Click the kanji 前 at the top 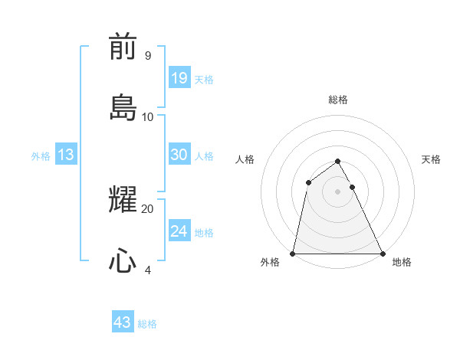(x=123, y=47)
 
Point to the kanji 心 (x=123, y=260)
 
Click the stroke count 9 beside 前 (x=147, y=56)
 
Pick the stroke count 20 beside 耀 (x=148, y=208)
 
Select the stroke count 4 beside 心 (x=148, y=270)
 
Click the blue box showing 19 (x=179, y=77)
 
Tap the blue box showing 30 (x=179, y=155)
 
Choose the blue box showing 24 (x=179, y=231)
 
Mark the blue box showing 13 (x=66, y=155)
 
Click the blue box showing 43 (x=123, y=322)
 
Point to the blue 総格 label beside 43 (x=147, y=324)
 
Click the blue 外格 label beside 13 (x=41, y=156)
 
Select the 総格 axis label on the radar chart (x=338, y=100)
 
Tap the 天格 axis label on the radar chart (x=431, y=159)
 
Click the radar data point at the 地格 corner (x=382, y=254)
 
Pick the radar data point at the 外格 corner (x=293, y=254)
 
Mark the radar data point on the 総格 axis (x=337, y=162)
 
